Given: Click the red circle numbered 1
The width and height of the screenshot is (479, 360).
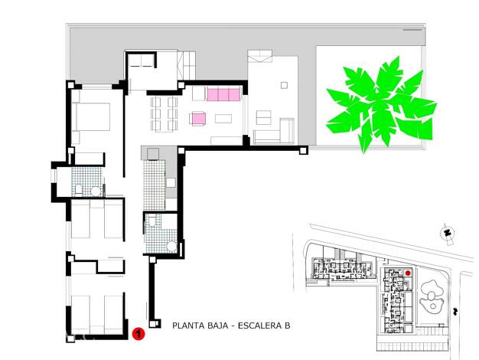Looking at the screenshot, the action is pyautogui.click(x=138, y=334).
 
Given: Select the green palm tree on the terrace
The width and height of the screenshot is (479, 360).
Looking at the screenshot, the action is pyautogui.click(x=381, y=104).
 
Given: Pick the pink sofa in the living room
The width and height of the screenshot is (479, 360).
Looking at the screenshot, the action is pyautogui.click(x=223, y=94).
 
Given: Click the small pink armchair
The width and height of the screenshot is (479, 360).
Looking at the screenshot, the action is pyautogui.click(x=197, y=119).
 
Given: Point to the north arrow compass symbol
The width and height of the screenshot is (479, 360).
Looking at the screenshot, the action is pyautogui.click(x=448, y=234).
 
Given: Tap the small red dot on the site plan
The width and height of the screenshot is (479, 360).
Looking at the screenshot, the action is pyautogui.click(x=407, y=273).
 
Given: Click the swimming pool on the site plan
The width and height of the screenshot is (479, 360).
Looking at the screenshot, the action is pyautogui.click(x=432, y=296).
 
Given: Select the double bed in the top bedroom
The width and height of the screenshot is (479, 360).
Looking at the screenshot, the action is pyautogui.click(x=91, y=117).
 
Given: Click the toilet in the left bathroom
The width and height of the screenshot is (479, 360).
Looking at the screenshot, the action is pyautogui.click(x=79, y=190).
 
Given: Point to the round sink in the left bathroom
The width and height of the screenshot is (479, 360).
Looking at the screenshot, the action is pyautogui.click(x=96, y=191).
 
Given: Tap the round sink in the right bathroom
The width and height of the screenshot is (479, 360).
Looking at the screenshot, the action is pyautogui.click(x=171, y=247).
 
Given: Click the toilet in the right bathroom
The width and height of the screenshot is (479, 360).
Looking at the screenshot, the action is pyautogui.click(x=152, y=220).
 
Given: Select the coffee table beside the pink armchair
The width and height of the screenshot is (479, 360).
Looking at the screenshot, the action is pyautogui.click(x=223, y=119).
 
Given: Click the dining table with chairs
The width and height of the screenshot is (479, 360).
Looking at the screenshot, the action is pyautogui.click(x=164, y=114).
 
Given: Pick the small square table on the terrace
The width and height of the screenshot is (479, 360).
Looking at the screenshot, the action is pyautogui.click(x=284, y=85).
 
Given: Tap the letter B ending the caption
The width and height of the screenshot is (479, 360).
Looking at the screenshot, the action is pyautogui.click(x=287, y=326).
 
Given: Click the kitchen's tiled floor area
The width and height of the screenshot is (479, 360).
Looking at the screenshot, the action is pyautogui.click(x=155, y=185).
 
